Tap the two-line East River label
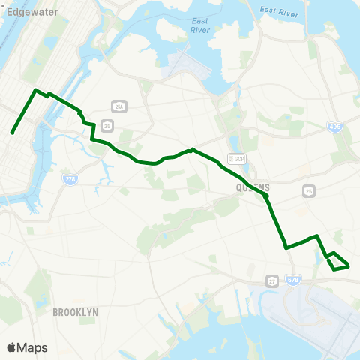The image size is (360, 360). tap(199, 25)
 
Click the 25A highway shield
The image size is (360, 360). tap(118, 106)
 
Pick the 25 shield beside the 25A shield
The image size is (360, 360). tap(108, 125)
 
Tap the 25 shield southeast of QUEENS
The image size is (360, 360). tap(308, 192)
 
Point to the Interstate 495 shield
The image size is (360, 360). tap(334, 127)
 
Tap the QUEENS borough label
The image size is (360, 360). tap(250, 187)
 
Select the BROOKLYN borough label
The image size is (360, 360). tap(76, 310)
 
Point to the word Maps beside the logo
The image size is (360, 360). tap(32, 347)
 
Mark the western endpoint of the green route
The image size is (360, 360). tap(13, 133)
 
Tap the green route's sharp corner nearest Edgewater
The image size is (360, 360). tap(34, 90)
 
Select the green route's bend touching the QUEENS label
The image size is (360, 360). tap(265, 196)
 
